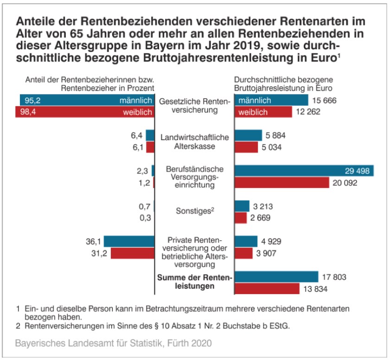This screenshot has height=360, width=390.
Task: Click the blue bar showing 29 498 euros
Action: pos(304,171)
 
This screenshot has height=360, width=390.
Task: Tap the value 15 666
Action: pos(324,101)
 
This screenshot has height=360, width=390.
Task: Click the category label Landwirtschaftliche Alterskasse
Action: pos(194,141)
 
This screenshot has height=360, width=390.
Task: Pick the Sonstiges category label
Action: pos(195,211)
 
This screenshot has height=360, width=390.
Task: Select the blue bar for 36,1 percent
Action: pos(129,241)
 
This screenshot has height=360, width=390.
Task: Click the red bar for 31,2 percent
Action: pos(132,253)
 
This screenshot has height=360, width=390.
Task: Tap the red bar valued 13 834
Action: pos(267,289)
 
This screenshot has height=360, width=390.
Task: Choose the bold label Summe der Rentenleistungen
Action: pos(194,282)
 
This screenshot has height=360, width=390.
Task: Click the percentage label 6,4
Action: pos(137,135)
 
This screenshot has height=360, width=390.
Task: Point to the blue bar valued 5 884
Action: pos(249,135)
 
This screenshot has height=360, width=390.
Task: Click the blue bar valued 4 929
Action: pos(246,241)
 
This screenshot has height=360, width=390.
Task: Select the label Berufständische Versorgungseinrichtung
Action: pos(195,177)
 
